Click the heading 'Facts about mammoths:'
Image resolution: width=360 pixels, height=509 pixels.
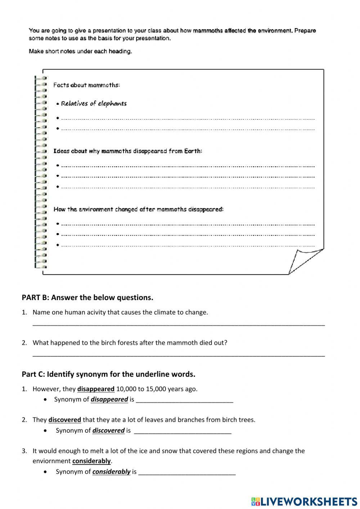(86, 85)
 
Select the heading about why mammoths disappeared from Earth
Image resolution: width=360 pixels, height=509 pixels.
(128, 151)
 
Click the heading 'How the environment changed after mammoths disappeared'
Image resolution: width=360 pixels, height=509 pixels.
(139, 209)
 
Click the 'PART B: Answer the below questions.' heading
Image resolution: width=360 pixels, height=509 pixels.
(87, 298)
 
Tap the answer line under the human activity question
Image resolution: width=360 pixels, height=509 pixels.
(179, 324)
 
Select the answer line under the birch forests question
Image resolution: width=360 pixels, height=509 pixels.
(179, 355)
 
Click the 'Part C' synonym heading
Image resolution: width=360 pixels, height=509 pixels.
(108, 374)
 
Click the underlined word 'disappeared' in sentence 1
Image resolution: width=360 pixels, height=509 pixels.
(96, 389)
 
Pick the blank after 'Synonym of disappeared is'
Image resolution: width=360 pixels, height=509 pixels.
(185, 400)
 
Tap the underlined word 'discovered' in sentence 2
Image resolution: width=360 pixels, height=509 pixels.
(65, 420)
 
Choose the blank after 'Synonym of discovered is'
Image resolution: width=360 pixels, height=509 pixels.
(183, 431)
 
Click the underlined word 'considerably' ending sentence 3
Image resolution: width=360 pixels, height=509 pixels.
(91, 461)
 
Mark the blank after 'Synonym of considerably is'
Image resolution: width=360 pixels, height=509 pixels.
(187, 472)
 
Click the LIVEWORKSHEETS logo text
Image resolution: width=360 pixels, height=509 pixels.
(309, 501)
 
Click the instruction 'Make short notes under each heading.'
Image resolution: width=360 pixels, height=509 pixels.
(80, 51)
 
